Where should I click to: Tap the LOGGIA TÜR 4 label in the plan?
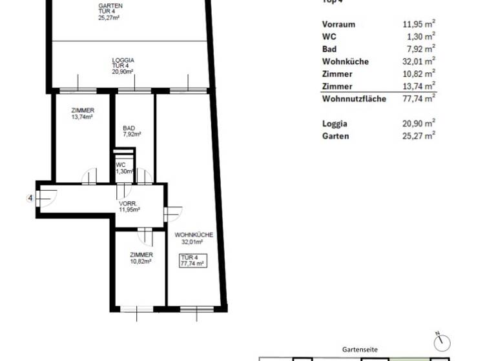click(123, 65)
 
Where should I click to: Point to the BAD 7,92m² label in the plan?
click(132, 132)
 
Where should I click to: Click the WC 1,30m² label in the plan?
click(123, 168)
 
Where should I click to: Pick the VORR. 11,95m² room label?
click(129, 206)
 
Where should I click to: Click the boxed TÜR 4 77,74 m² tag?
click(192, 260)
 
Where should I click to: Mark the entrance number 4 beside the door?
click(30, 198)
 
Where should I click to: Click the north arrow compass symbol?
click(442, 341)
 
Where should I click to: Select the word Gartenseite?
click(360, 349)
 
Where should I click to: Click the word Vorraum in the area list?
click(338, 24)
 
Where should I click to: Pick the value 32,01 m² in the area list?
click(418, 62)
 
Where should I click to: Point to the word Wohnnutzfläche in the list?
click(354, 99)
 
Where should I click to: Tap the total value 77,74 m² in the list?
click(418, 99)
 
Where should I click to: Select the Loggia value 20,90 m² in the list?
click(418, 124)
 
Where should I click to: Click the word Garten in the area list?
click(335, 136)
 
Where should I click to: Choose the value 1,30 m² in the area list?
click(420, 37)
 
